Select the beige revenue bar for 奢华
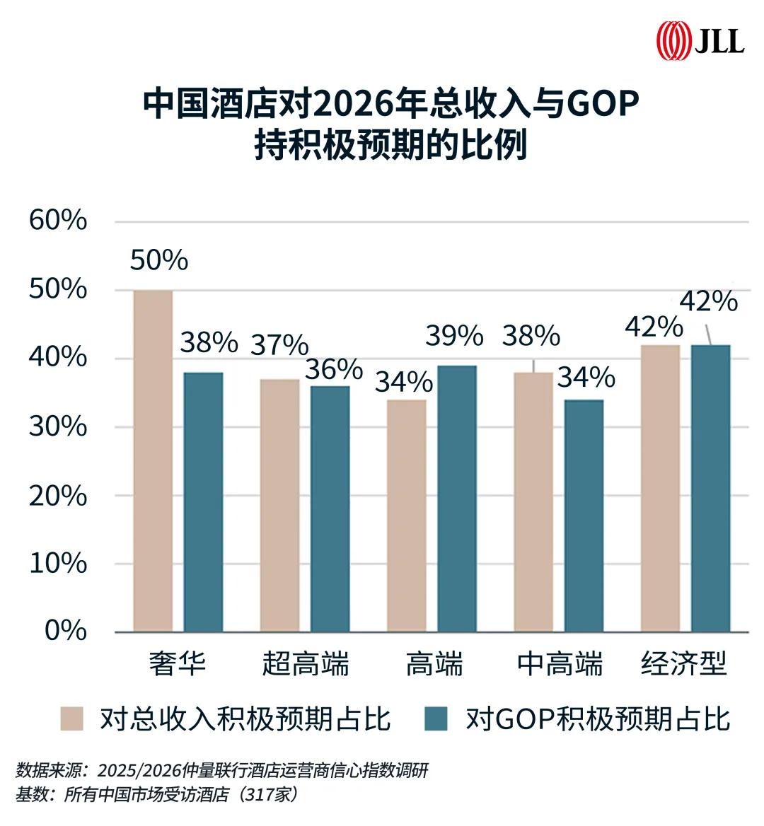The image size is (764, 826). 153,460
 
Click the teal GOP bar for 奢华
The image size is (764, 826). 203,501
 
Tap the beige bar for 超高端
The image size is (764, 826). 279,505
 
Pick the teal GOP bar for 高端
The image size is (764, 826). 456,498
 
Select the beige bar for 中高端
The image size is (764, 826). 533,501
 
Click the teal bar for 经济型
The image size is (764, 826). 710,488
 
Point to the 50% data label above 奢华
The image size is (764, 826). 159,260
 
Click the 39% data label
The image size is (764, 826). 454,336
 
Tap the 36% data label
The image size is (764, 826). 334,369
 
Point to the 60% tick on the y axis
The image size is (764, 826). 58,220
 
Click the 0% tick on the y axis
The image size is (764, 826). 66,630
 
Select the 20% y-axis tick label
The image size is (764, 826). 58,496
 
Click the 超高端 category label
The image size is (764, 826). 306,664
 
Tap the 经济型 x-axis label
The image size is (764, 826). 683,664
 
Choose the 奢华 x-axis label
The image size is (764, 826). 178,664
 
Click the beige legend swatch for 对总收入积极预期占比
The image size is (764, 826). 72,719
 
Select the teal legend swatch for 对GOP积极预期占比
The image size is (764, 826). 436,719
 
